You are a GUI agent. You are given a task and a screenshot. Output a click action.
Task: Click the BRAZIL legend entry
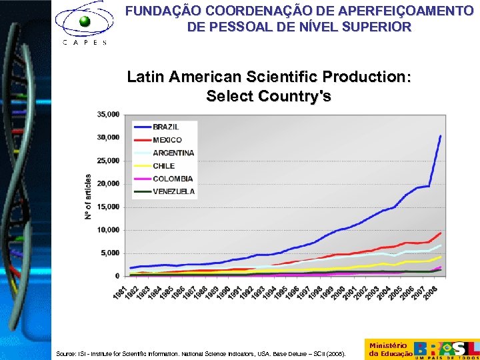coord(165,127)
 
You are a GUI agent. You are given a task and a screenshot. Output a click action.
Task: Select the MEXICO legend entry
coord(167,140)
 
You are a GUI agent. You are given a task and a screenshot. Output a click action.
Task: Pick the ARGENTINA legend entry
coord(173,153)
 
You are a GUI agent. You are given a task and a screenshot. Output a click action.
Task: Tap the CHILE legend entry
coord(163,166)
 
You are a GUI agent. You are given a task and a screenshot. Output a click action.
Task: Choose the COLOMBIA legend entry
coord(172,179)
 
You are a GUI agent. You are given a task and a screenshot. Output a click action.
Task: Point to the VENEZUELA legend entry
coord(173,191)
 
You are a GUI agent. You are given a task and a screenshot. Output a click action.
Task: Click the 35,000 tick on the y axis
coord(108,114)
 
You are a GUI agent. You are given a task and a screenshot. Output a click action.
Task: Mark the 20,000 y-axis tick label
coord(108,183)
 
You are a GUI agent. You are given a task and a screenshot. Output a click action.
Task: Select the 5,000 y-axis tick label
coord(110,253)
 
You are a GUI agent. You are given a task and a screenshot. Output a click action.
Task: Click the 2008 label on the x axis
coord(433,291)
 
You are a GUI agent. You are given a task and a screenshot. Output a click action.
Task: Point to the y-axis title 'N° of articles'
coord(88,197)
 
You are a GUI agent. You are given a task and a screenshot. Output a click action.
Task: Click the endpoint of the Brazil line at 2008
coord(440,136)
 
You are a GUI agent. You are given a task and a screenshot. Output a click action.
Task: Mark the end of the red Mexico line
coord(440,233)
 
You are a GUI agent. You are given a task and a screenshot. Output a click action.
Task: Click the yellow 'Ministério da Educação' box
coord(388,349)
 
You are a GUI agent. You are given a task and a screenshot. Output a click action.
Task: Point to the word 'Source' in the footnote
coord(66,354)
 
